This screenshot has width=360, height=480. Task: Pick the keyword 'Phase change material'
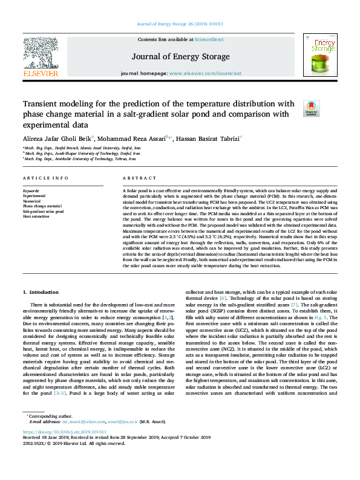pyautogui.click(x=43, y=206)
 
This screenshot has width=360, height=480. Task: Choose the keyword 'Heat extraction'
pyautogui.click(x=36, y=216)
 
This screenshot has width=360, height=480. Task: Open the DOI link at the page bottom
pyautogui.click(x=64, y=432)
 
